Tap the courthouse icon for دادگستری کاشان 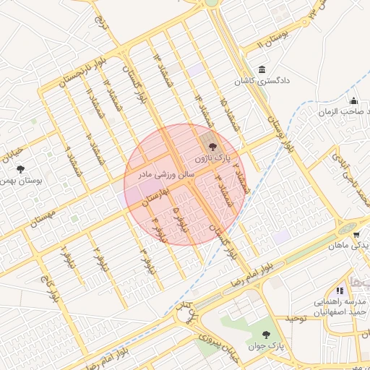(260, 69)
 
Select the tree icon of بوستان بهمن (20, 170)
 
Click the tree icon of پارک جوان (268, 334)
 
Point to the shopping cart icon (356, 235)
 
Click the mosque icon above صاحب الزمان (353, 100)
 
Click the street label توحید (277, 318)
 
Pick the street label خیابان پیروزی (212, 340)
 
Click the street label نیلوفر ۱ (67, 257)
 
